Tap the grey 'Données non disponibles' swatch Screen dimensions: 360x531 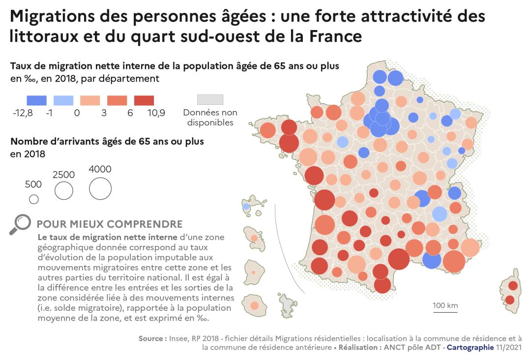(x=210, y=100)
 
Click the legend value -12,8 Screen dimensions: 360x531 (x=23, y=113)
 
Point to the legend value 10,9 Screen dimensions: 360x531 (x=156, y=113)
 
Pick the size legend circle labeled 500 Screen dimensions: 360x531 (x=34, y=199)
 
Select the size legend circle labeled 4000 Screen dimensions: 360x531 (x=100, y=188)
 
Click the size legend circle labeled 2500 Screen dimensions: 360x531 (x=64, y=191)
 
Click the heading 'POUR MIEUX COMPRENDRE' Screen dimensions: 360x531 (x=110, y=224)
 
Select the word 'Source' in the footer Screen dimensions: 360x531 (x=152, y=338)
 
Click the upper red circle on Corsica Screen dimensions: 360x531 (x=513, y=286)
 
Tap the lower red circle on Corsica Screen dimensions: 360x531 (x=510, y=300)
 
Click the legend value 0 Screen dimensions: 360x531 (x=77, y=113)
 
